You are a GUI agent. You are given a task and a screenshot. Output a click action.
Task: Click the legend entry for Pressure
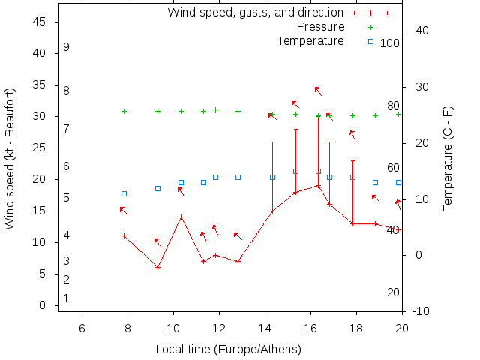[320, 27]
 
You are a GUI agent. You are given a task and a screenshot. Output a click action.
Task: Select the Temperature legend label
[310, 40]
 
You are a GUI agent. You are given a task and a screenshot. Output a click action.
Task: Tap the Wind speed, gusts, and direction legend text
[255, 13]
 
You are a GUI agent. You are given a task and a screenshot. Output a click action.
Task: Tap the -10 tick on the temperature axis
[420, 310]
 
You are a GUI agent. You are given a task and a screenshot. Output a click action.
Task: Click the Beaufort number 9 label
[67, 47]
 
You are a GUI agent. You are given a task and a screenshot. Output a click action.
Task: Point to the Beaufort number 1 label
[67, 298]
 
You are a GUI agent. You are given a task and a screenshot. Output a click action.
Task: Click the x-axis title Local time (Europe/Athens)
[228, 349]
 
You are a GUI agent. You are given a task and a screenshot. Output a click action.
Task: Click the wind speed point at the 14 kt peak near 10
[181, 217]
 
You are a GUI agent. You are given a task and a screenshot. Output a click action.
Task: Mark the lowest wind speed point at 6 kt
[157, 267]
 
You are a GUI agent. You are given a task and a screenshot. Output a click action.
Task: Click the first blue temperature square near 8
[124, 193]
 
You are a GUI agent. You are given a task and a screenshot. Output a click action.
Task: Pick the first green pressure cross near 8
[124, 111]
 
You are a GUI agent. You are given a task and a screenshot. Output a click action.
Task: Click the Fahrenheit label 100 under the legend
[390, 43]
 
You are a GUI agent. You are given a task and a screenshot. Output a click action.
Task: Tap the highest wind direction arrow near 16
[318, 91]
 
